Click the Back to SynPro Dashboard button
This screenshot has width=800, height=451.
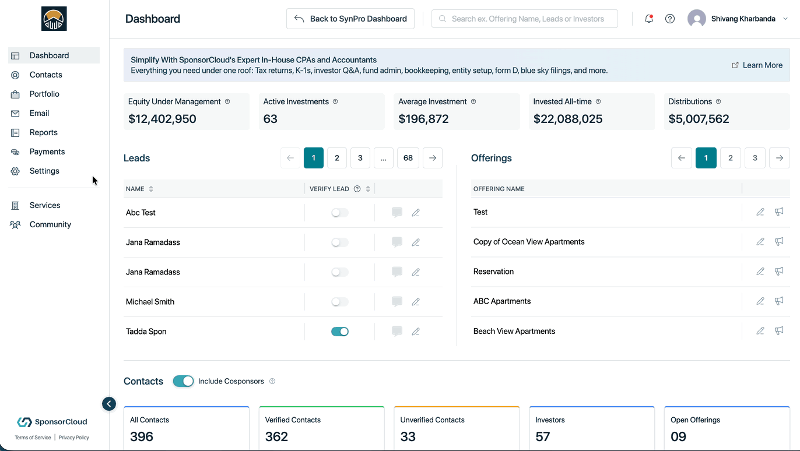(x=350, y=19)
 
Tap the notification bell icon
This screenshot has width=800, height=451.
(x=648, y=19)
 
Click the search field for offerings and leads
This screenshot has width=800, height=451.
(x=524, y=19)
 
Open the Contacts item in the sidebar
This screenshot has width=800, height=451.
(x=45, y=75)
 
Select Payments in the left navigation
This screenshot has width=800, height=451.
(x=47, y=151)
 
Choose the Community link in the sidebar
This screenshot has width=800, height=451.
(x=50, y=224)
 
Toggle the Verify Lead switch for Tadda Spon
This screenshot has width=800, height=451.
(x=339, y=332)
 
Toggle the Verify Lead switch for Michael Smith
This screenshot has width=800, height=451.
(x=339, y=302)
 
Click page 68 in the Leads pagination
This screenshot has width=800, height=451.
(x=408, y=158)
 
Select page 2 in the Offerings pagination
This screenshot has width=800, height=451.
(x=731, y=158)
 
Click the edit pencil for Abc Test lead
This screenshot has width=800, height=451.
(x=416, y=213)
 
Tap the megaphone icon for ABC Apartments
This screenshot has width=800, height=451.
(x=779, y=301)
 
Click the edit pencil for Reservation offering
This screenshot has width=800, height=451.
(x=760, y=272)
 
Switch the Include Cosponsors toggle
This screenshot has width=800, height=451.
(x=183, y=381)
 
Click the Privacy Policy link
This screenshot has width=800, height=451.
(x=73, y=438)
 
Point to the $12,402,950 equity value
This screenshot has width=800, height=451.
(x=162, y=119)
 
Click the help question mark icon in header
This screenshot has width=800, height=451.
(x=669, y=19)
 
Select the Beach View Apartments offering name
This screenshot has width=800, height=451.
(x=514, y=331)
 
